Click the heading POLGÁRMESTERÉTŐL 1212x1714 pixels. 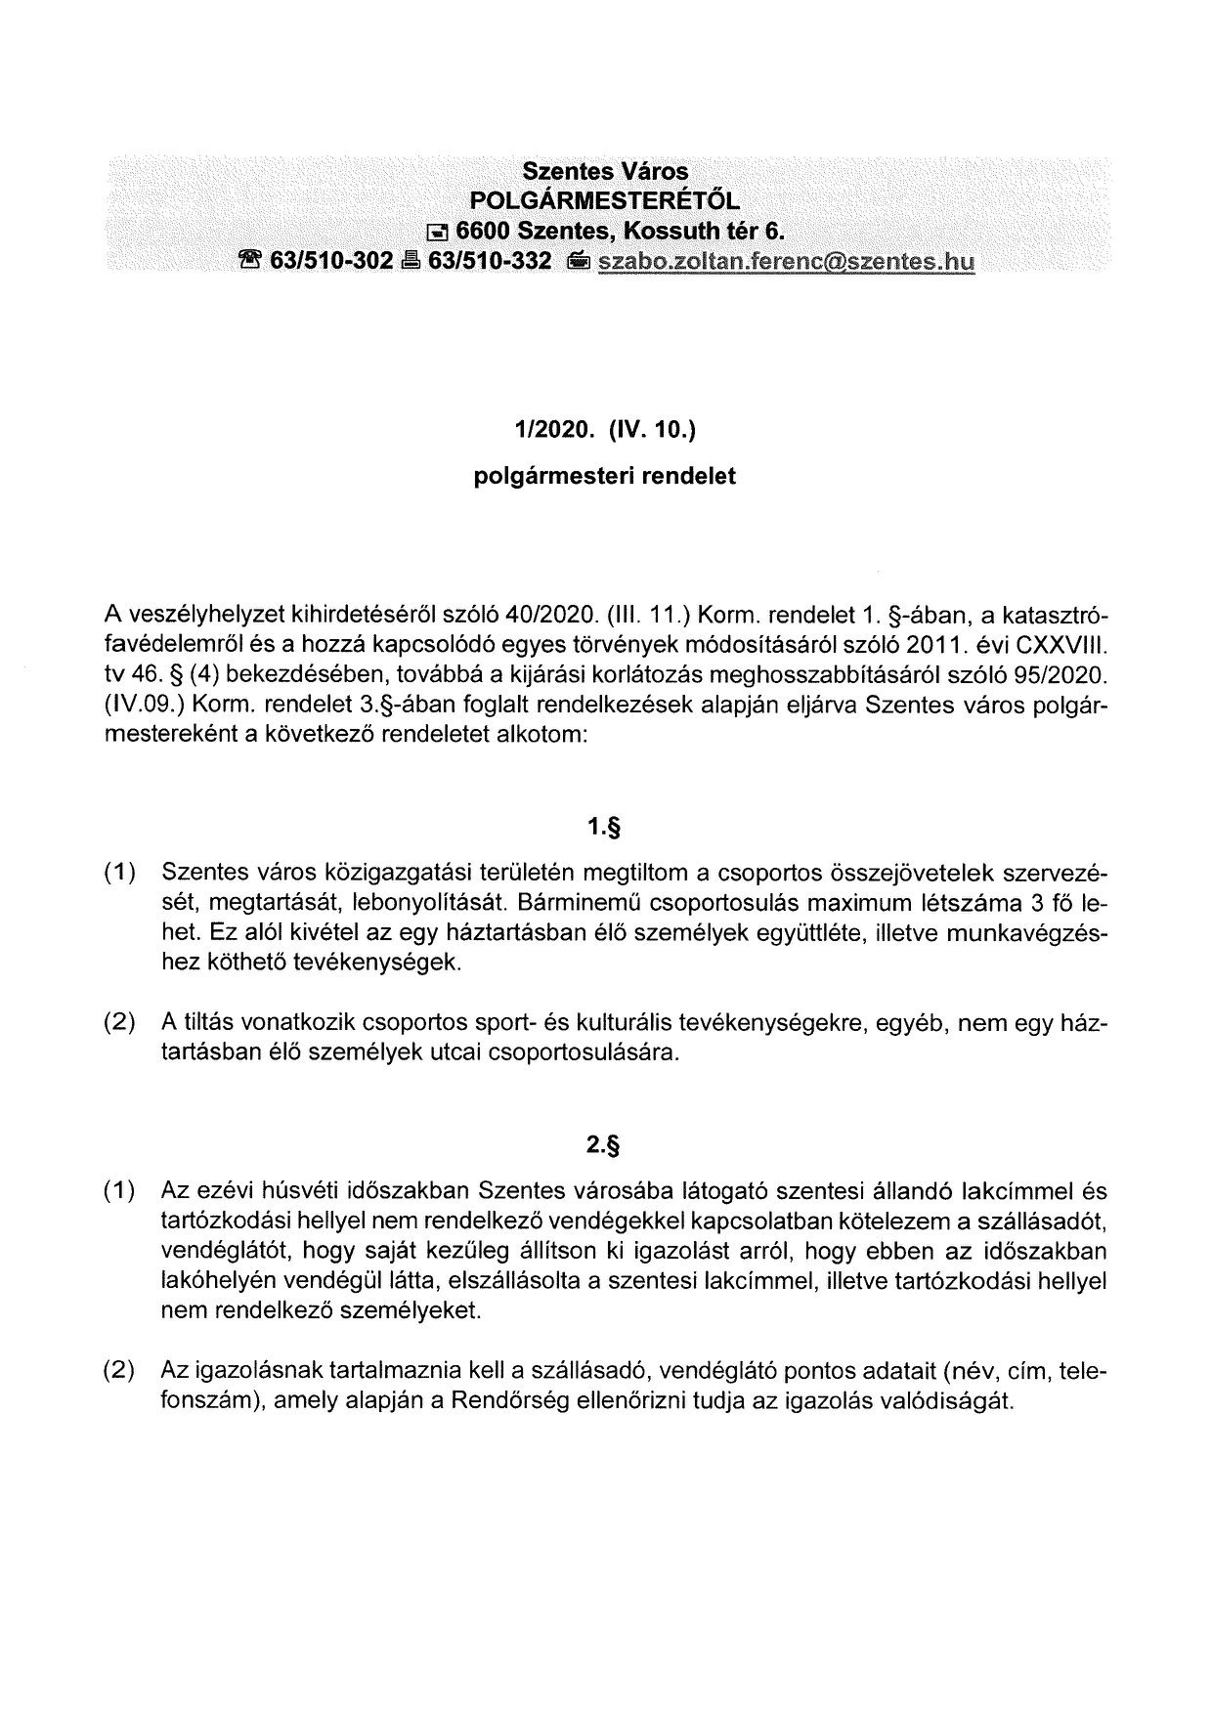coord(605,201)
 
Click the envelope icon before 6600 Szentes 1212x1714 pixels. coord(440,233)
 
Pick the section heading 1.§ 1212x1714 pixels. coord(605,829)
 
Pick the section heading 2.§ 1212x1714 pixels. coord(605,1147)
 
